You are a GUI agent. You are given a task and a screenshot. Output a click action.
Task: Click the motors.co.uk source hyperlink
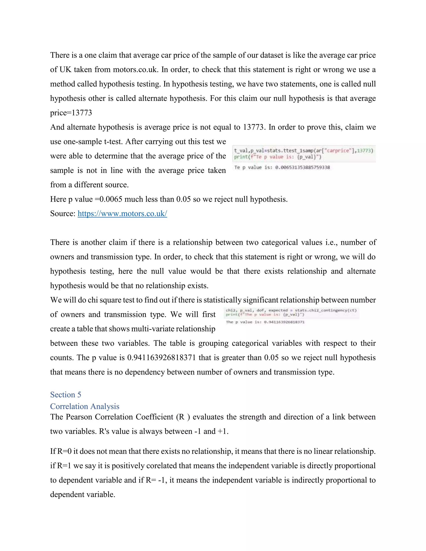point(122,214)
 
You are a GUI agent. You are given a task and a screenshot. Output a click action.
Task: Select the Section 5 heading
point(66,395)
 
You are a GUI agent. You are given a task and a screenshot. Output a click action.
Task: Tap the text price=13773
point(71,113)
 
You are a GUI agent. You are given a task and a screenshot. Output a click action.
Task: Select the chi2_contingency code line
point(291,310)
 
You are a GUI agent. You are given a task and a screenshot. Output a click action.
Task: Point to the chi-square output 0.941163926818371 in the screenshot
point(284,322)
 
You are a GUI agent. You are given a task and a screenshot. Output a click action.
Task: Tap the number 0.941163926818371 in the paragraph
point(161,358)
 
